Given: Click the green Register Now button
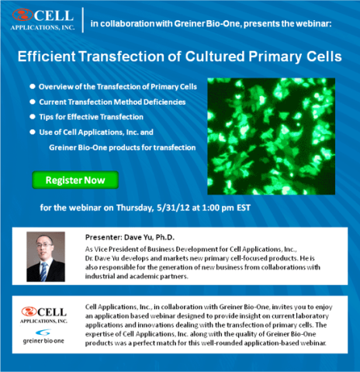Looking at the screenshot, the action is (75, 180).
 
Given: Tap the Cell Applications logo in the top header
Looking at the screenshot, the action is (43, 20).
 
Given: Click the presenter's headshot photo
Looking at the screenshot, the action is (46, 257).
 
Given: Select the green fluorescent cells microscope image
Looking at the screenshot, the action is (272, 136).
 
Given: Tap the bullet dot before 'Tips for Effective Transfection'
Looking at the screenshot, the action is (33, 117).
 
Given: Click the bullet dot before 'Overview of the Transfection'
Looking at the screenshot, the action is (33, 87).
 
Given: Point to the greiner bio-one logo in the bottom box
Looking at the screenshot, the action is (43, 336).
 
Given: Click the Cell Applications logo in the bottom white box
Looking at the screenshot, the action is (44, 315).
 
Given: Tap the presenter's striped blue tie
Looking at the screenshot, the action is (44, 271).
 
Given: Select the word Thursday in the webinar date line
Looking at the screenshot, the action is (135, 208).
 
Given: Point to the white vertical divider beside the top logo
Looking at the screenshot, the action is (83, 20).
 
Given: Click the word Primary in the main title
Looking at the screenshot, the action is (275, 57).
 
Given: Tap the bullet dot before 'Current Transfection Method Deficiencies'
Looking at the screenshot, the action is (33, 102).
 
